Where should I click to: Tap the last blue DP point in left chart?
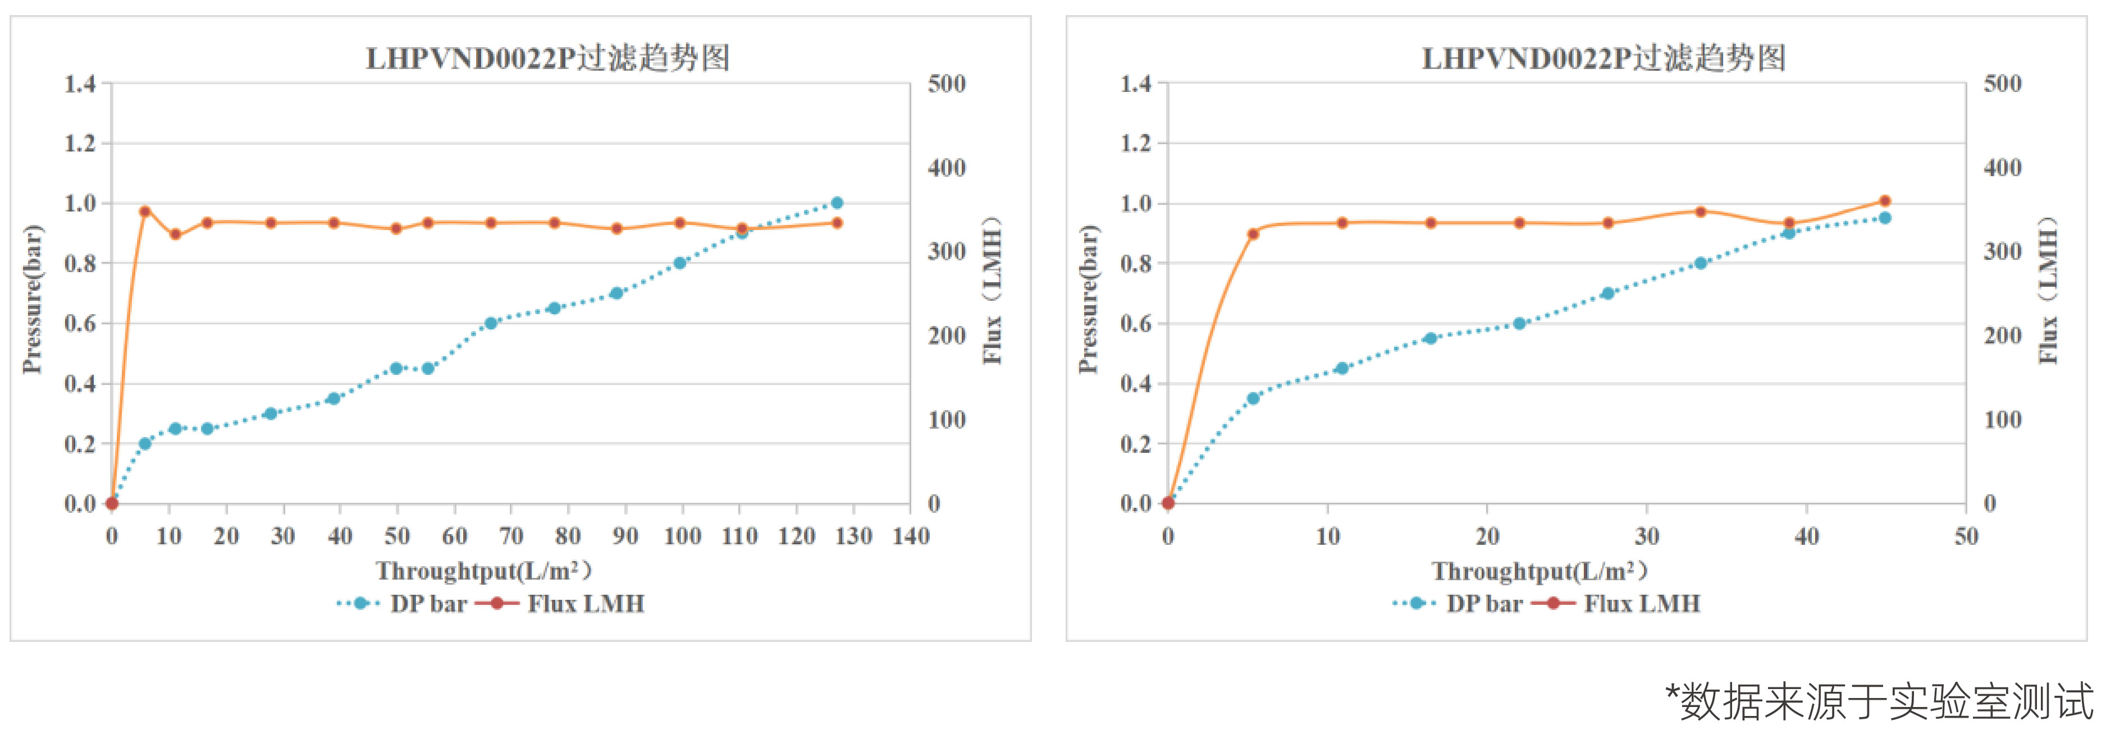pos(837,203)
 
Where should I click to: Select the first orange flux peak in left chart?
pos(145,212)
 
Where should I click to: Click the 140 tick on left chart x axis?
pos(911,536)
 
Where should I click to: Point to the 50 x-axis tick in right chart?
pos(1966,536)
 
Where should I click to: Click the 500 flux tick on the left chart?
pos(947,84)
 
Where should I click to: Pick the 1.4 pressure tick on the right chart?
pos(1136,84)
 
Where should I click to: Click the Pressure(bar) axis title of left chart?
pos(32,299)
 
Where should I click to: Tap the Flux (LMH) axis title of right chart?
pos(2047,290)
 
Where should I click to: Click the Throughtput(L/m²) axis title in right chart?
pos(1538,571)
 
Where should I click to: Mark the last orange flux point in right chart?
pos(1884,201)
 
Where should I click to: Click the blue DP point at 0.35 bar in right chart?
pos(1253,398)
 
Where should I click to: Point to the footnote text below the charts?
pos(1880,701)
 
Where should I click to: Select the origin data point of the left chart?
pos(112,503)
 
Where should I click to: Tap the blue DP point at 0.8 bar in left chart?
pos(679,263)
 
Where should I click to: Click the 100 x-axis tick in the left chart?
pos(682,536)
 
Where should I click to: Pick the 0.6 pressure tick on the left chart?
pos(80,324)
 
